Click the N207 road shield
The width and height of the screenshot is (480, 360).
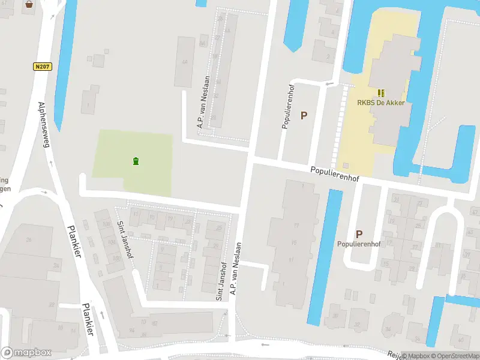pos(41,67)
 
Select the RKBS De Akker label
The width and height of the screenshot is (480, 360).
pos(380,103)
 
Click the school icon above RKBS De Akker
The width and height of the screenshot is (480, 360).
pos(381,92)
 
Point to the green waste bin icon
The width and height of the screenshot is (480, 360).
pos(136,160)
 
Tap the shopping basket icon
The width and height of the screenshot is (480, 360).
pos(29,4)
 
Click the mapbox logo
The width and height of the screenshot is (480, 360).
pos(26,353)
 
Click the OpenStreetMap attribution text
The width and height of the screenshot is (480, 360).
pos(454,356)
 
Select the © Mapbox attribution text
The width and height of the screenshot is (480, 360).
pos(416,356)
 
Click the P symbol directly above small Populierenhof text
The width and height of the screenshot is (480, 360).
pos(359,234)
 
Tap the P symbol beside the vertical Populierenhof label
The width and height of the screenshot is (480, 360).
pos(304,115)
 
